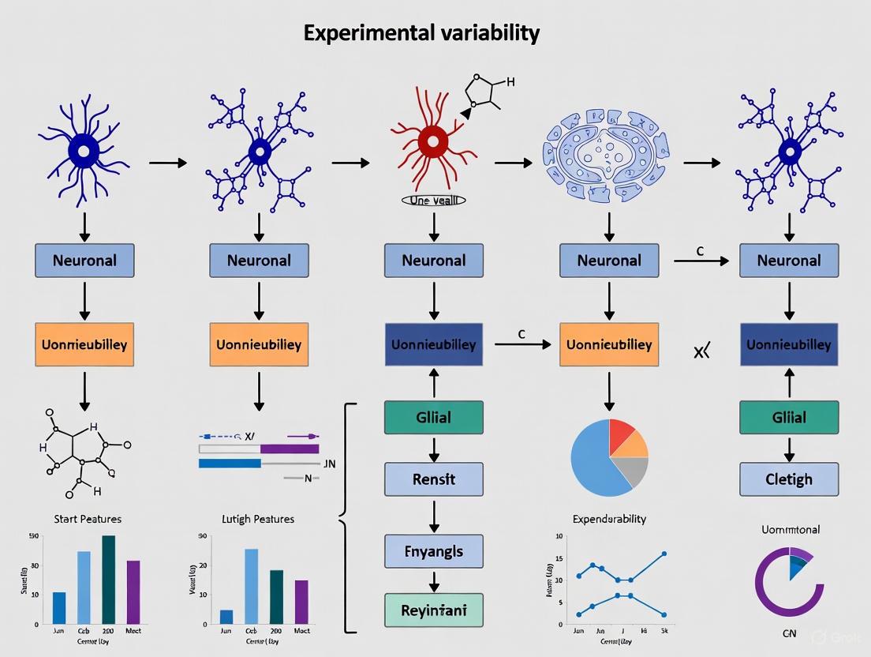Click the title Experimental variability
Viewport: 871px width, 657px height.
click(421, 33)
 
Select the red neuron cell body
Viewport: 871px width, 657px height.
click(432, 142)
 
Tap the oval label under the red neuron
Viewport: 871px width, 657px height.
click(433, 201)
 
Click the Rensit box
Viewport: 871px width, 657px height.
click(433, 479)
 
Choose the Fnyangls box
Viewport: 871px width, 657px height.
click(433, 551)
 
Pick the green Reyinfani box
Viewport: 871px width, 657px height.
click(433, 610)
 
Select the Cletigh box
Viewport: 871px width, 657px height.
click(788, 479)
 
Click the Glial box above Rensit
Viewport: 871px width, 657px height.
click(433, 417)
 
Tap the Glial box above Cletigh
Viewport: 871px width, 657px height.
click(788, 417)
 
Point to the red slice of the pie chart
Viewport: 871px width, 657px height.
click(620, 434)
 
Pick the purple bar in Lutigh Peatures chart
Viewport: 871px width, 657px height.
click(301, 602)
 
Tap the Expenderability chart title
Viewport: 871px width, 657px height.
click(608, 519)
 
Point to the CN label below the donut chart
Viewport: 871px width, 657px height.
click(789, 633)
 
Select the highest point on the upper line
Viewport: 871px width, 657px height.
click(664, 554)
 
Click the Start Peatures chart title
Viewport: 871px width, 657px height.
click(88, 519)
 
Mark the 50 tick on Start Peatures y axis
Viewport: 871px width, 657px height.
click(33, 537)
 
